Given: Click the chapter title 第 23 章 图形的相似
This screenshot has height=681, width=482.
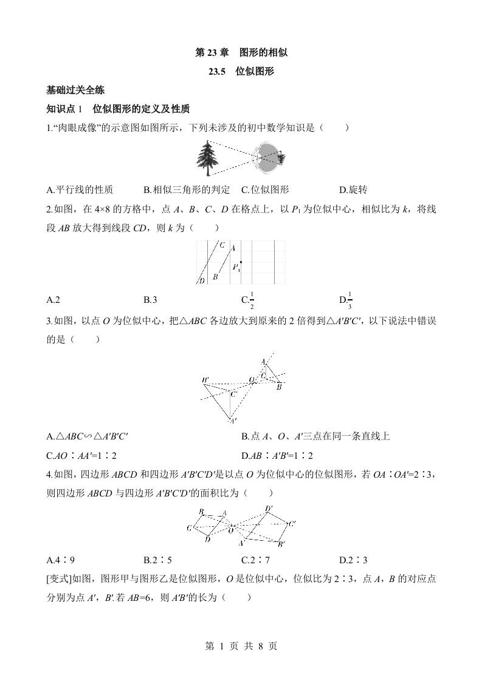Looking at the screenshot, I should pyautogui.click(x=241, y=53).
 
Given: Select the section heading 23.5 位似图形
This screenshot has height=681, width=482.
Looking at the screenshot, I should pyautogui.click(x=241, y=72).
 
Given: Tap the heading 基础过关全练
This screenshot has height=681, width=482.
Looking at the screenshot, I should pyautogui.click(x=75, y=90).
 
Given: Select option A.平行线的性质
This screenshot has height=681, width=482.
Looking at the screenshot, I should pyautogui.click(x=80, y=189).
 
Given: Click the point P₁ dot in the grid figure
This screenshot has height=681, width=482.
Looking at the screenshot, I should pyautogui.click(x=241, y=263).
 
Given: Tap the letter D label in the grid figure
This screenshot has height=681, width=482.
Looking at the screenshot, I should pyautogui.click(x=201, y=280).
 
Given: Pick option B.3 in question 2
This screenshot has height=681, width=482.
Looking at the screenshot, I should pyautogui.click(x=151, y=299).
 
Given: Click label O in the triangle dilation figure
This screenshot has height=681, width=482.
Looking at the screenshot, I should pyautogui.click(x=250, y=380).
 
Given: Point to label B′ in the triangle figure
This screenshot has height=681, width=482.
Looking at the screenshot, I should pyautogui.click(x=205, y=380).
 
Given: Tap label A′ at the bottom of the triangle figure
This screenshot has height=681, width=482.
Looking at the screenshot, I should pyautogui.click(x=232, y=421).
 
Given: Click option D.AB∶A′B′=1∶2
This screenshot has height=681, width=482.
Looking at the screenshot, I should pyautogui.click(x=278, y=455).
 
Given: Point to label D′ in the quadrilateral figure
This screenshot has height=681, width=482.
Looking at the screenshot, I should pyautogui.click(x=268, y=509).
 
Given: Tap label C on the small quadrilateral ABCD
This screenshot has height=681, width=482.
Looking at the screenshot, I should pyautogui.click(x=190, y=527).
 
